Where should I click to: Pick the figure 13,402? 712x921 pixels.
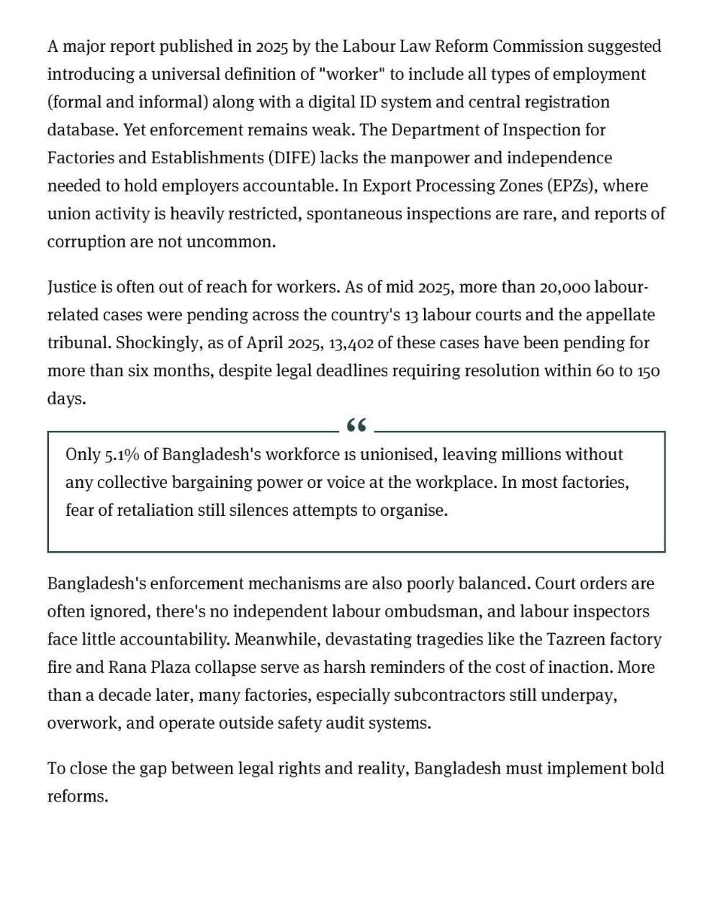351,343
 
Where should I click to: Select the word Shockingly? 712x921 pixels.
158,343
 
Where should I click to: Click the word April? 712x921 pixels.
264,343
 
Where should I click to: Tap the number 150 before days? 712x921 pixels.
648,371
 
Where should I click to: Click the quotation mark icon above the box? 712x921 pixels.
356,426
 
